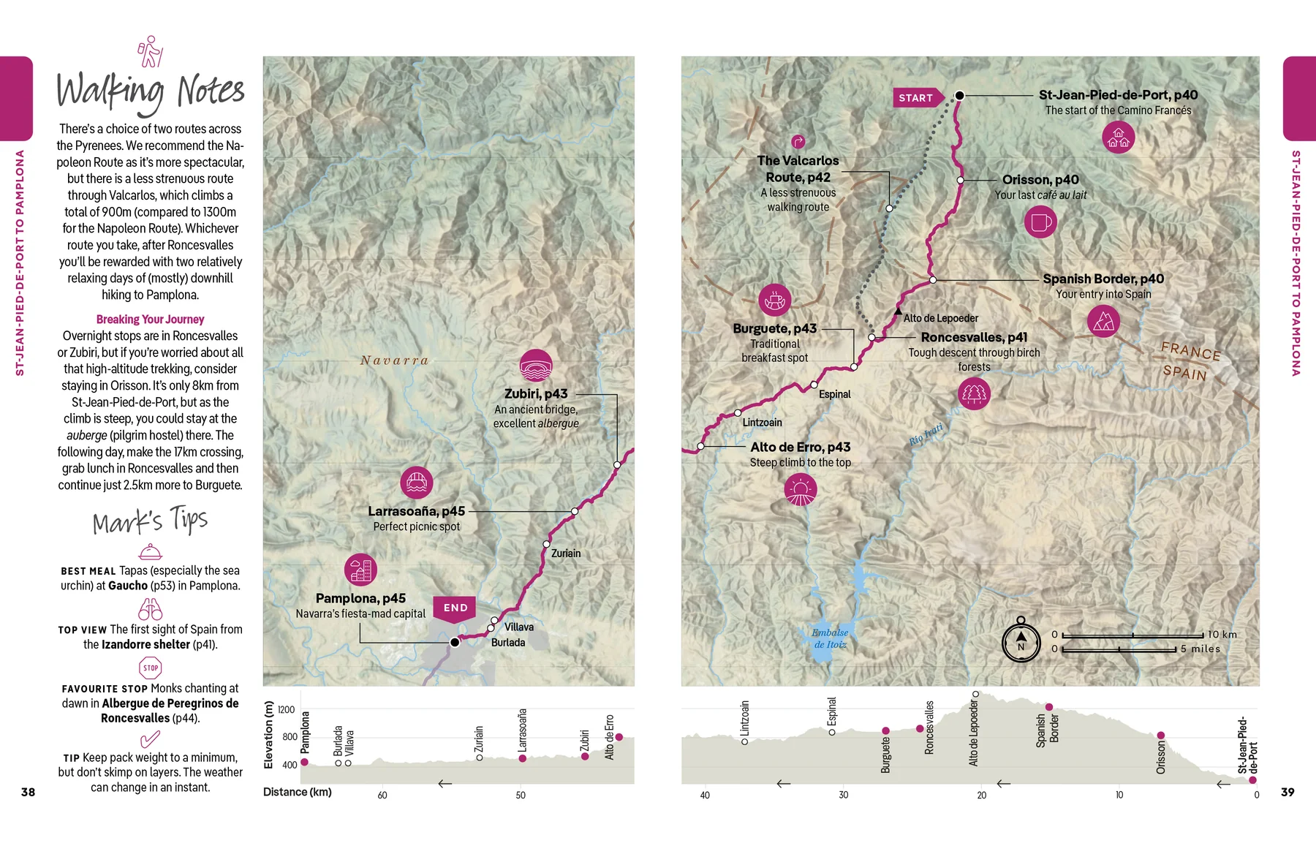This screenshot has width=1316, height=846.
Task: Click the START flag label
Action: tap(916, 98)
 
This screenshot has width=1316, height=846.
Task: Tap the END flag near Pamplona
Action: tap(455, 608)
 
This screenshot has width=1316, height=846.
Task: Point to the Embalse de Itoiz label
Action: tap(831, 638)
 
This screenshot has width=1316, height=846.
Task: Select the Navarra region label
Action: tap(394, 360)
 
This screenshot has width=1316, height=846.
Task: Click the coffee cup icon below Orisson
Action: tap(1040, 222)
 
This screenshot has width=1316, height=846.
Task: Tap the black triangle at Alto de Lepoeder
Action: tap(898, 311)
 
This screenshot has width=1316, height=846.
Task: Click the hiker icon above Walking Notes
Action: tap(151, 51)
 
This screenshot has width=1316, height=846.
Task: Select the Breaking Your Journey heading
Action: tap(150, 320)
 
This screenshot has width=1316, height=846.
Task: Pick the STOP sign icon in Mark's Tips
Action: tap(151, 668)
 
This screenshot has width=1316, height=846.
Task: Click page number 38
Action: tap(28, 792)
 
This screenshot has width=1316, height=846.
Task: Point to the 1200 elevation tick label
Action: tap(287, 710)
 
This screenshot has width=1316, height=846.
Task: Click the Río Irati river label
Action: tap(926, 434)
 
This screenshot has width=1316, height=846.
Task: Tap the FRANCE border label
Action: tap(1191, 351)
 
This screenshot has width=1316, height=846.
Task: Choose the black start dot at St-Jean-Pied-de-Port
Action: tap(960, 95)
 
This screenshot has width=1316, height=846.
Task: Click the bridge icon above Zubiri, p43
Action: tap(536, 366)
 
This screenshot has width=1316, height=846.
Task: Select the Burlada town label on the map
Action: tap(508, 643)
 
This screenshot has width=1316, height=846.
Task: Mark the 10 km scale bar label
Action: tap(1222, 635)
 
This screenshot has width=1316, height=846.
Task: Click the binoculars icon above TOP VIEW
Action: tap(151, 609)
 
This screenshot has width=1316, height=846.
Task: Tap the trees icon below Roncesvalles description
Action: tap(974, 394)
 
